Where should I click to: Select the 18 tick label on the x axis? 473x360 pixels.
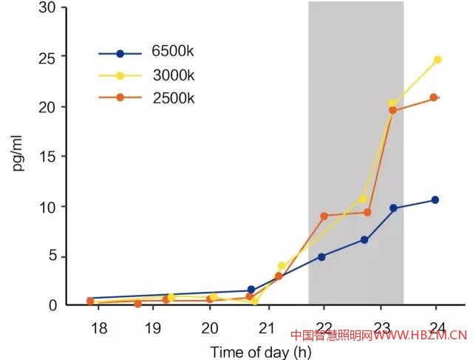[x=95, y=328]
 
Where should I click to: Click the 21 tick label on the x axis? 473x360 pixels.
[x=266, y=328]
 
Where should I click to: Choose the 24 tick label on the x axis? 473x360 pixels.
[x=437, y=328]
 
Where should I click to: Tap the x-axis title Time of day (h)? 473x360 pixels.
[x=261, y=352]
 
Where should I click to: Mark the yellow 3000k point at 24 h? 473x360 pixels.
[x=437, y=59]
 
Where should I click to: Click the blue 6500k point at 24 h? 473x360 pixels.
[x=435, y=200]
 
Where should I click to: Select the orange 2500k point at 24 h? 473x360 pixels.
[x=434, y=98]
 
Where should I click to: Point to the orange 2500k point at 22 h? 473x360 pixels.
[x=324, y=216]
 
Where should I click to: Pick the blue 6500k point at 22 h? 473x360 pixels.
[x=321, y=257]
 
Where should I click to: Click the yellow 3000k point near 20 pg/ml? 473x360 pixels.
[x=392, y=103]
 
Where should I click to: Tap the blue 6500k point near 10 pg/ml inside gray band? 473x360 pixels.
[x=393, y=208]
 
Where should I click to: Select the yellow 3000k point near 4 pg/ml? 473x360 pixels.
[x=282, y=265]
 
